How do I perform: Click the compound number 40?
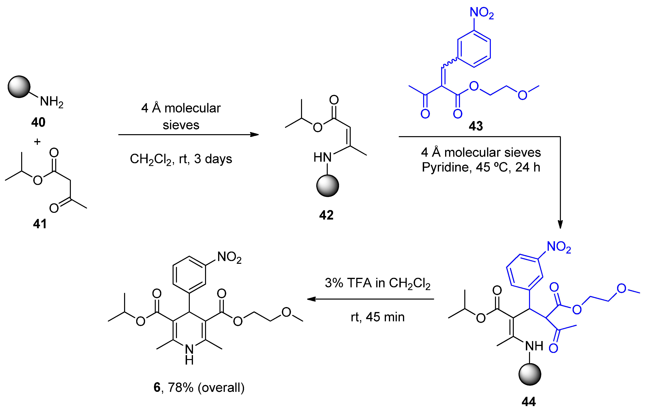[38, 123]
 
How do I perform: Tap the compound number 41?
[40, 224]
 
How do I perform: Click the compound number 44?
[528, 402]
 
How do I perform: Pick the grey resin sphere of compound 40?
[19, 87]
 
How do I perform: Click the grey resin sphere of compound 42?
[328, 186]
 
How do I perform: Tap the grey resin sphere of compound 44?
[530, 374]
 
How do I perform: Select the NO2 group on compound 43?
[481, 13]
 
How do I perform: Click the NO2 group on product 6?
[229, 257]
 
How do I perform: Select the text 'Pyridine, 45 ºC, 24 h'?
[481, 167]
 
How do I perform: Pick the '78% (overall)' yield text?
[206, 387]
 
